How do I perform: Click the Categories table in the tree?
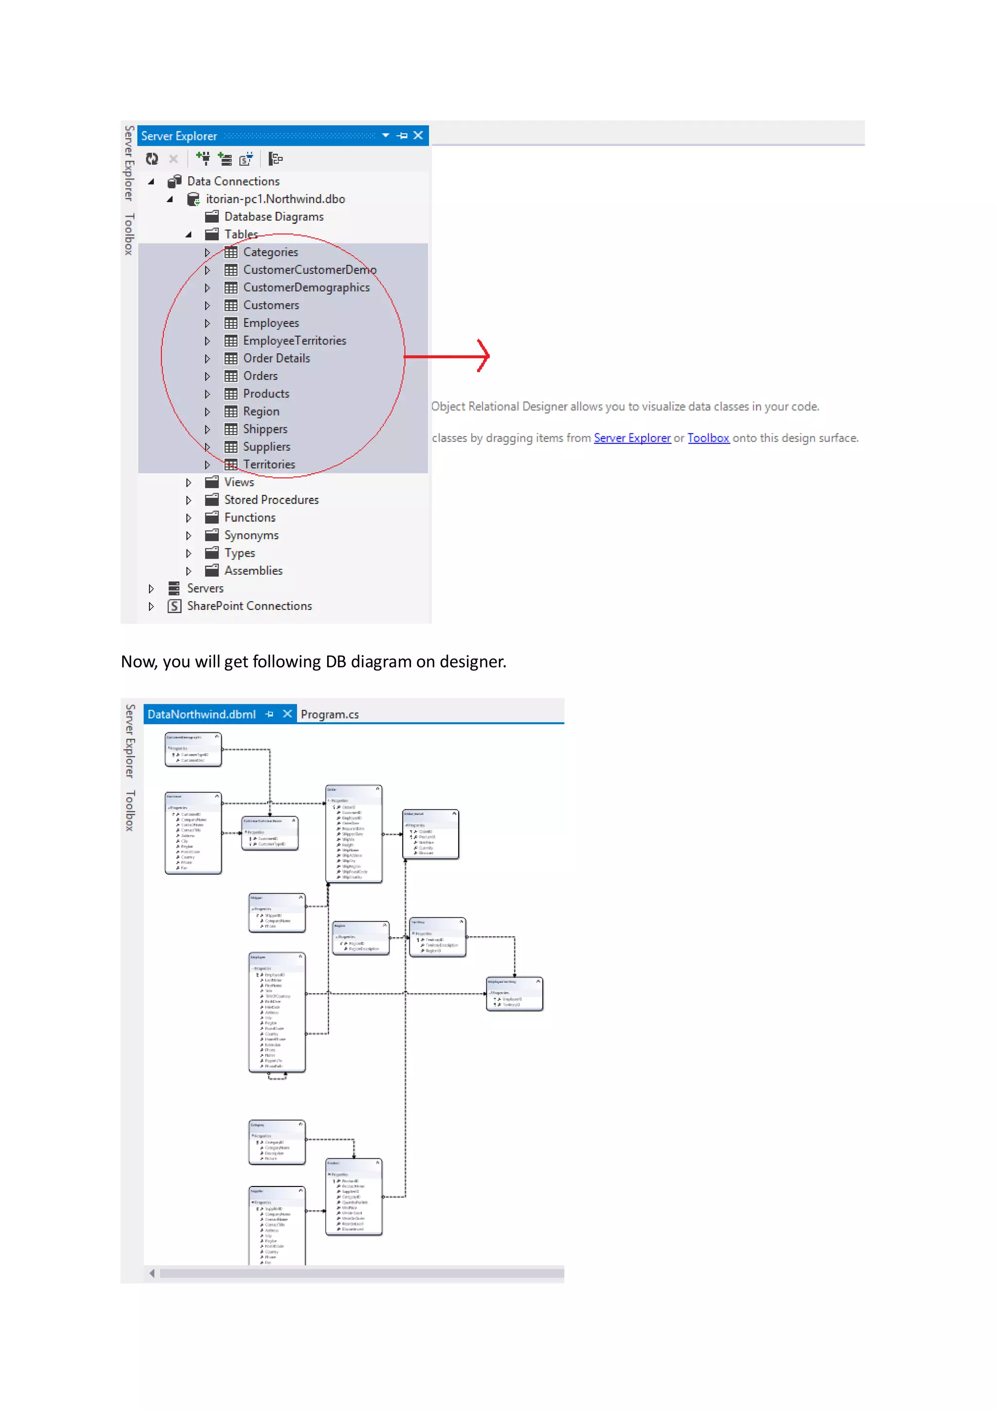(x=270, y=252)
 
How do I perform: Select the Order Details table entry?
(x=276, y=358)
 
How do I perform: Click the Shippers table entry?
(x=265, y=429)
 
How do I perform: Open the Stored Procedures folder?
(x=271, y=500)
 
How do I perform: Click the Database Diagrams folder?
(x=273, y=217)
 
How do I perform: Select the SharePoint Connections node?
(x=249, y=606)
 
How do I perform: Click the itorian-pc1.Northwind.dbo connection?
(x=275, y=199)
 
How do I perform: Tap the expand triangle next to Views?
(x=188, y=483)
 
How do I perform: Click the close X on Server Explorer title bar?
(x=418, y=136)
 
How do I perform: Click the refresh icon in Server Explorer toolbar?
(x=151, y=160)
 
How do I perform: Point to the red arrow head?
(x=485, y=356)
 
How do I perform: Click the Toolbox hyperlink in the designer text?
(x=708, y=438)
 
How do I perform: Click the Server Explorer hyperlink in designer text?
(x=632, y=438)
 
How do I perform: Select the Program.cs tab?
(x=330, y=714)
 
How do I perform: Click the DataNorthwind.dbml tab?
(x=202, y=714)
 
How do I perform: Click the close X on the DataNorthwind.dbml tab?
(x=287, y=714)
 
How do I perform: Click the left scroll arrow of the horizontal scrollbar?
(x=151, y=1274)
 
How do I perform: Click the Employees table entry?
(x=271, y=323)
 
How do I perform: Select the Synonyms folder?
(x=251, y=535)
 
